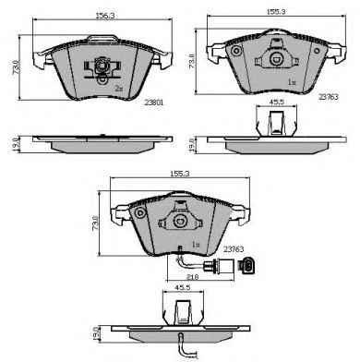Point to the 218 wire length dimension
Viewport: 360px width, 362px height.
pyautogui.click(x=192, y=276)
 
